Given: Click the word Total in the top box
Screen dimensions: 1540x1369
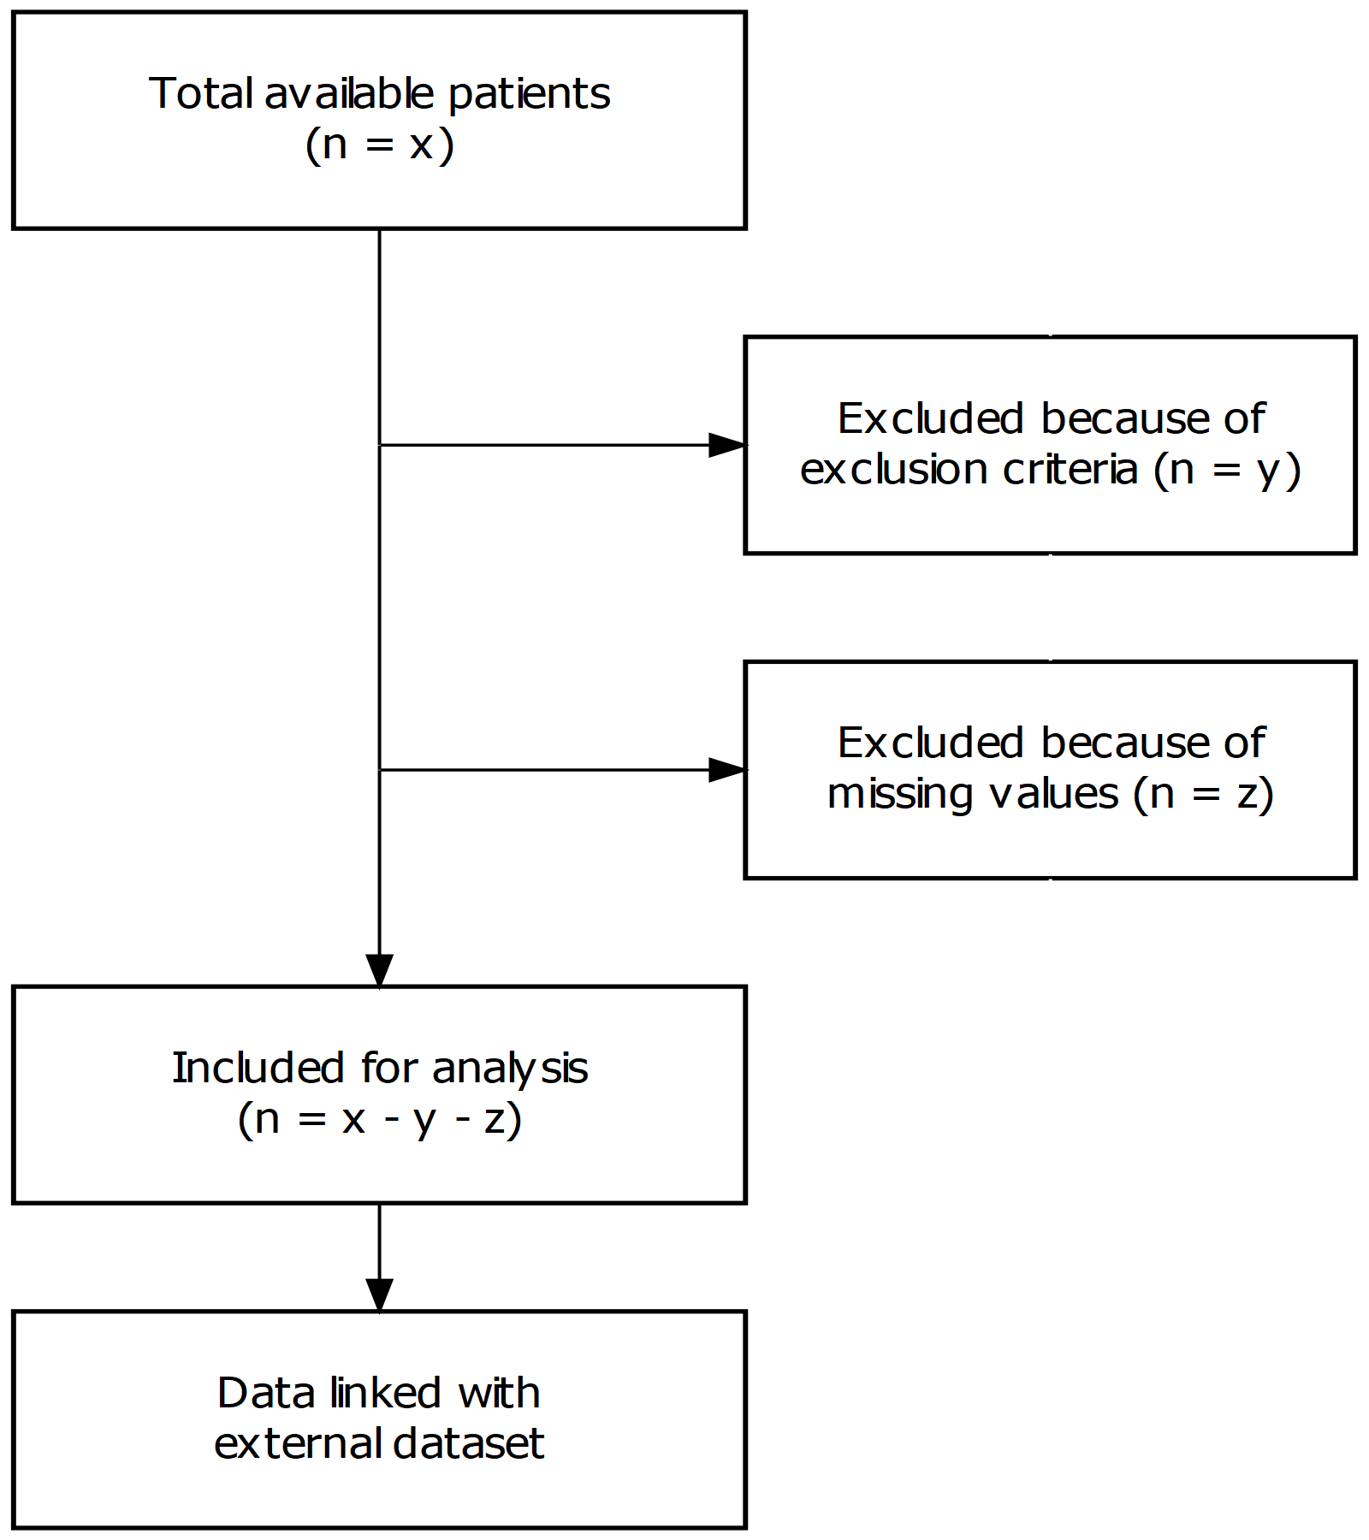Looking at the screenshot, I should point(202,93).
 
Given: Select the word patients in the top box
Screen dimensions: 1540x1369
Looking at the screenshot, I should point(529,93).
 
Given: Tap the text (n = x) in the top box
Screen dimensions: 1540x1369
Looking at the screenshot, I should point(379,145).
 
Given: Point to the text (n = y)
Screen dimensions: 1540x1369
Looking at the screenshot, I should point(1227,470).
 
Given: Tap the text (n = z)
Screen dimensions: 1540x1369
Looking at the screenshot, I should point(1203,794).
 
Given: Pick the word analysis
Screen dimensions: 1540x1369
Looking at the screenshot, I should point(510,1068).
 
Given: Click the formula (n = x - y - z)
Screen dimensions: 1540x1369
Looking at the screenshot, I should point(379,1119).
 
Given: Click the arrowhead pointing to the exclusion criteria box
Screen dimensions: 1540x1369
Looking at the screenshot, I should point(727,445).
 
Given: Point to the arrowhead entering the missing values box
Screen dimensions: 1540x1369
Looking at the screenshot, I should point(727,770).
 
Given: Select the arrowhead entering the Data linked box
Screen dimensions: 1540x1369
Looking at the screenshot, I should point(379,1294).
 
